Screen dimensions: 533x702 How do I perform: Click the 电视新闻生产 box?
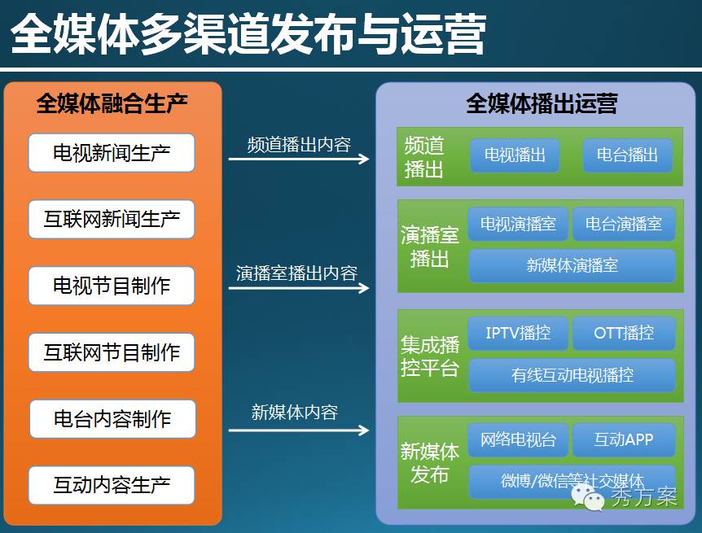coord(112,153)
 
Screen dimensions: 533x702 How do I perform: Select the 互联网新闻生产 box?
coord(112,220)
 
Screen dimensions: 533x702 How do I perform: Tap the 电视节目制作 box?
coord(112,286)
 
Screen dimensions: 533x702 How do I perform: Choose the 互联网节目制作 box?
coord(112,353)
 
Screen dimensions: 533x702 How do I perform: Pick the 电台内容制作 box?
coord(112,419)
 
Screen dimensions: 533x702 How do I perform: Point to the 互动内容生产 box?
coord(112,486)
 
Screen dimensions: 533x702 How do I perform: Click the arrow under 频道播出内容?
coord(299,159)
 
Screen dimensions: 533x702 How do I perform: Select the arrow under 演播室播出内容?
coord(299,287)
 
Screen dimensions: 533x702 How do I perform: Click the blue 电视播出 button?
coord(515,155)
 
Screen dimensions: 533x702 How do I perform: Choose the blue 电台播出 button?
coord(627,155)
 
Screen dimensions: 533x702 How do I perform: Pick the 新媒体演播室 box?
coord(572,265)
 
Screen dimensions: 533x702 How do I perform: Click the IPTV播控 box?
coord(518,333)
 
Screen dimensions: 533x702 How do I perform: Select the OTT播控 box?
coord(624,333)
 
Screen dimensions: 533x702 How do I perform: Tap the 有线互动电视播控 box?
coord(572,375)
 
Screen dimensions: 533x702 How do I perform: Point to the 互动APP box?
coord(624,440)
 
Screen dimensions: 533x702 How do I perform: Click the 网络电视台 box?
coord(518,440)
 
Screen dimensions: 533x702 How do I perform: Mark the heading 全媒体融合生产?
coord(112,104)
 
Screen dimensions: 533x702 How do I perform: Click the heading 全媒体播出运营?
coord(542,104)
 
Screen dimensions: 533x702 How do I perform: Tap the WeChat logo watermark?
coord(588,496)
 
